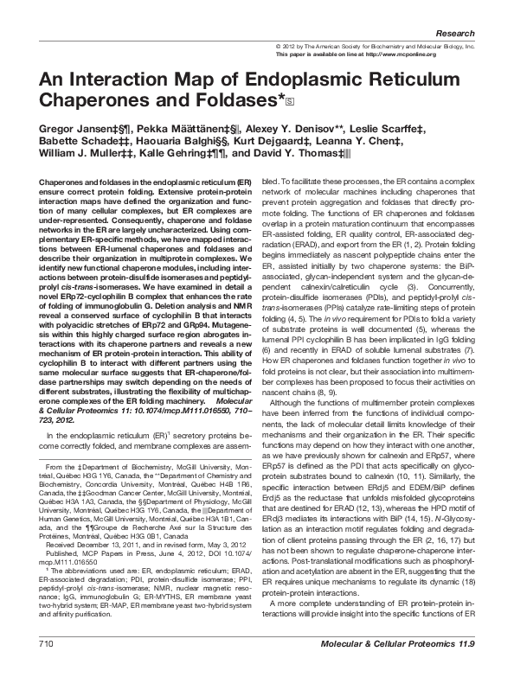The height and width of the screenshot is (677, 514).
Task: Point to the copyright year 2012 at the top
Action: [291, 45]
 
